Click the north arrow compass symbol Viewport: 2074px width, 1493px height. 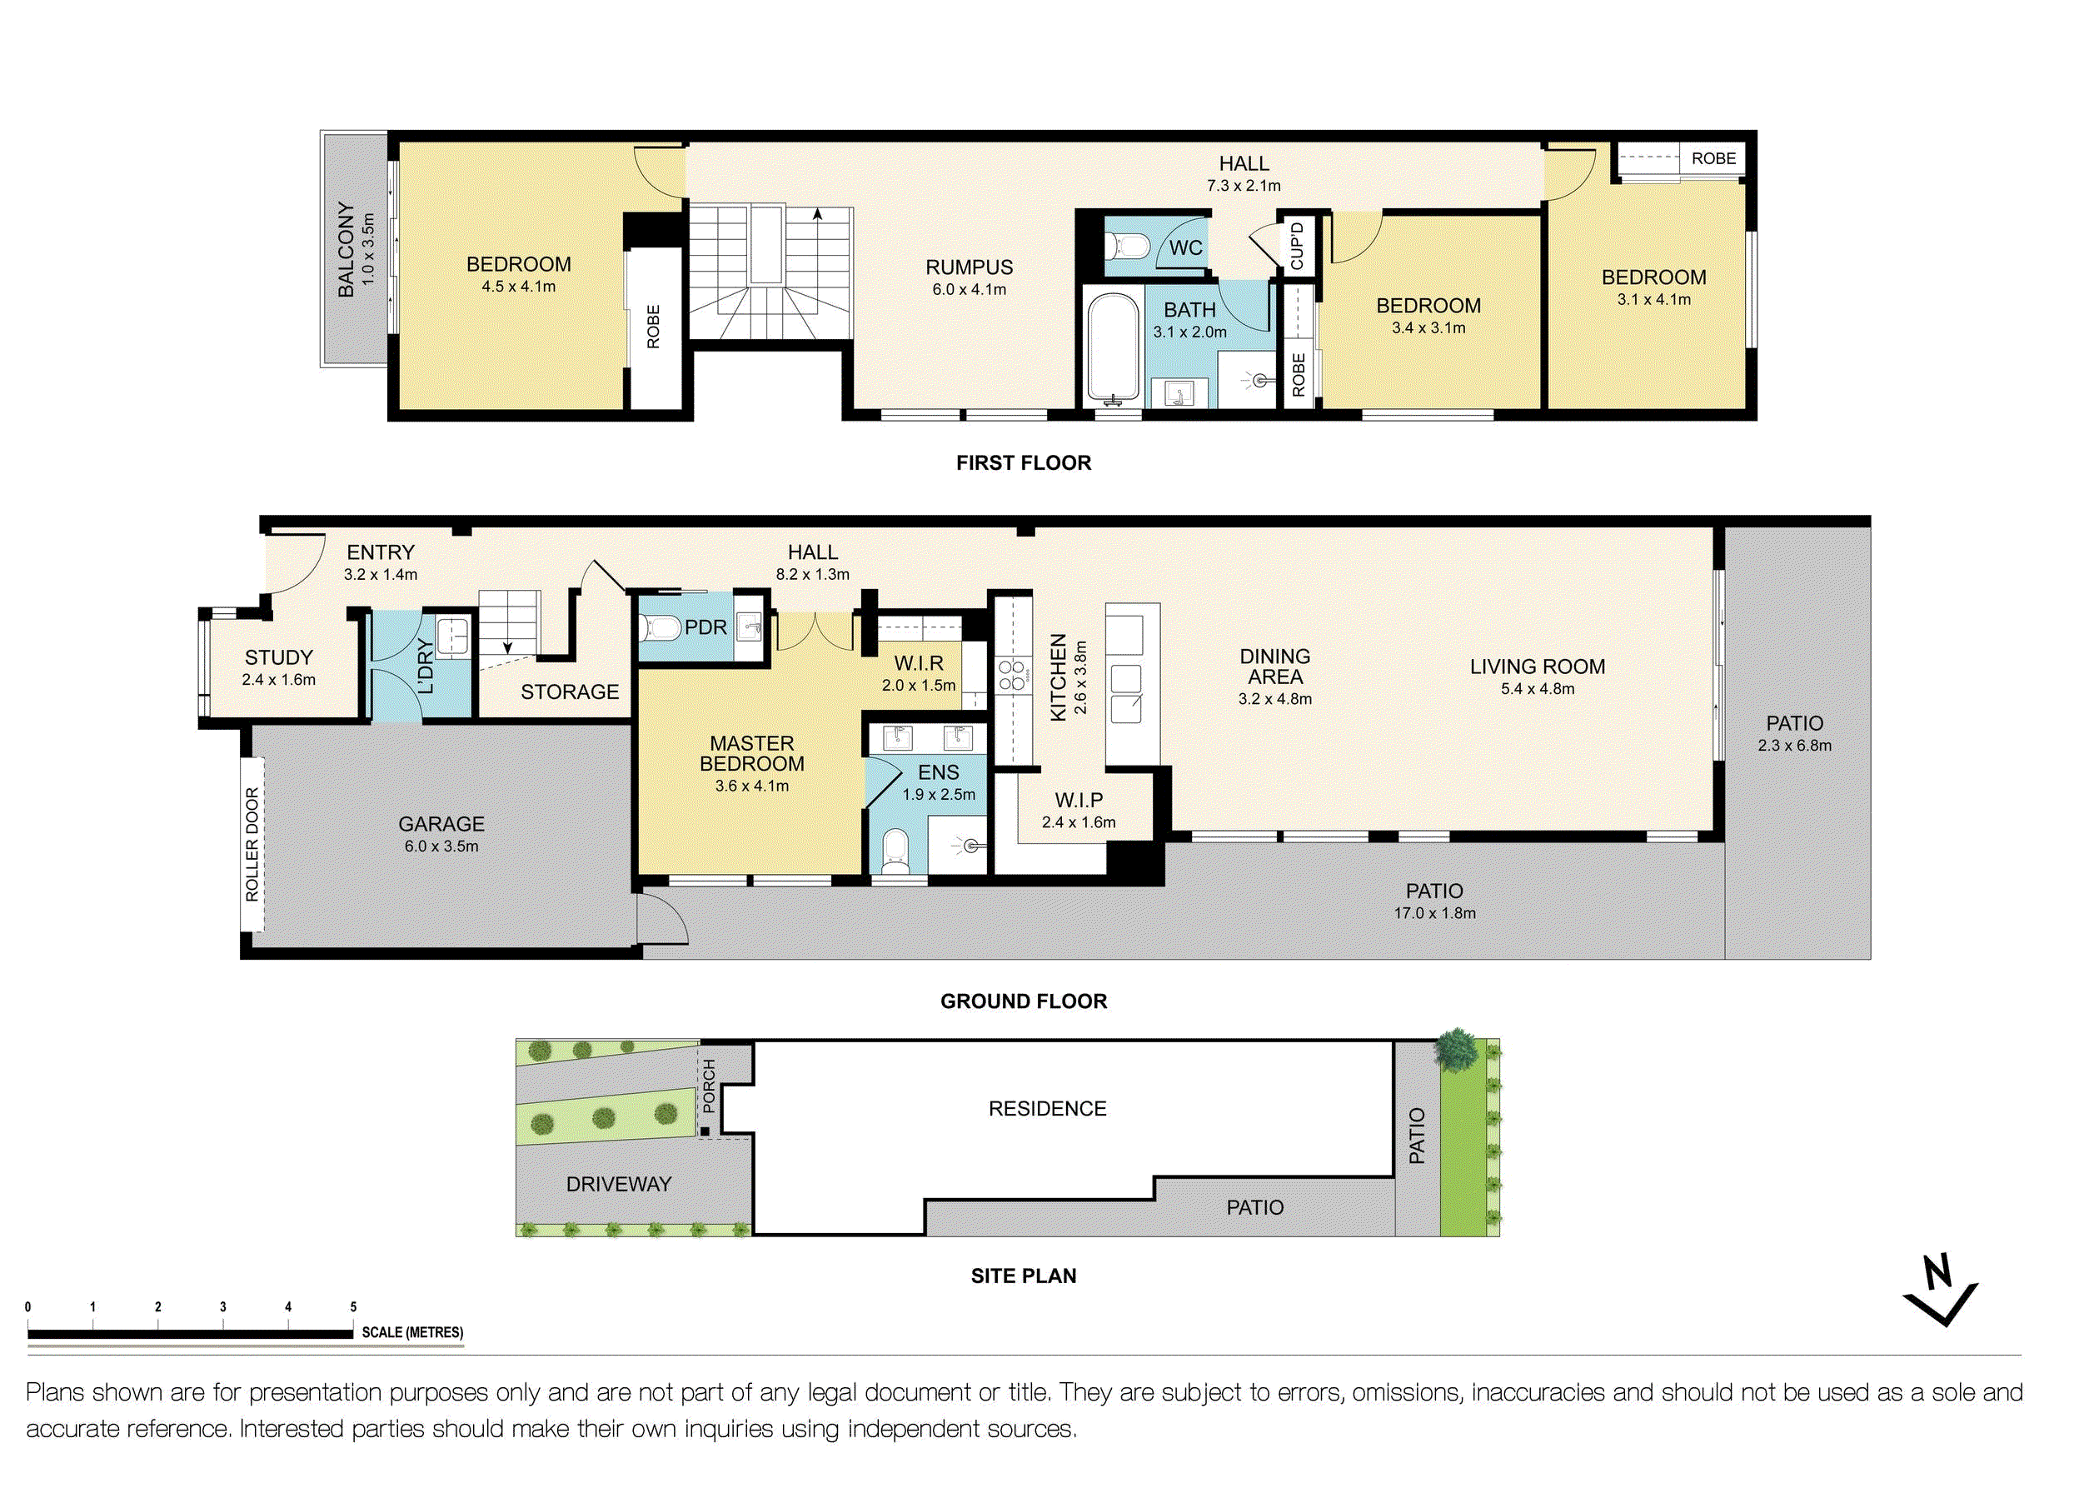point(1940,1291)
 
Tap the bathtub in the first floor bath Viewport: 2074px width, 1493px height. point(1113,348)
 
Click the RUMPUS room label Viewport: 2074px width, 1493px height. point(970,267)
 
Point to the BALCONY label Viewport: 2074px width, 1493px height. point(346,250)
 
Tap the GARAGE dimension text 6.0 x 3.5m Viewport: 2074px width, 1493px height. point(441,847)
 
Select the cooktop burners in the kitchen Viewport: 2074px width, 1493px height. point(1011,675)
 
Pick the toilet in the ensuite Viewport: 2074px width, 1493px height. point(895,851)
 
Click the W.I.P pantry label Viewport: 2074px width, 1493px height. point(1079,801)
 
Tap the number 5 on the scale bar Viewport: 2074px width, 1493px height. point(353,1307)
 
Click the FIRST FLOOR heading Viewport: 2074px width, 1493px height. point(1025,463)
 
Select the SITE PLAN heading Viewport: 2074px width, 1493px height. point(1025,1276)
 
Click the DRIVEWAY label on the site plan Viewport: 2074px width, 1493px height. point(619,1185)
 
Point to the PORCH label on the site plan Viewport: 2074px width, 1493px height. point(710,1086)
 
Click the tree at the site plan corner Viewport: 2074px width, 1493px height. point(1456,1049)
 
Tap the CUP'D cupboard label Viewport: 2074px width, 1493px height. point(1297,246)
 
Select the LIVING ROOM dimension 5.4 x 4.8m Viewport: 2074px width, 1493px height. point(1538,689)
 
